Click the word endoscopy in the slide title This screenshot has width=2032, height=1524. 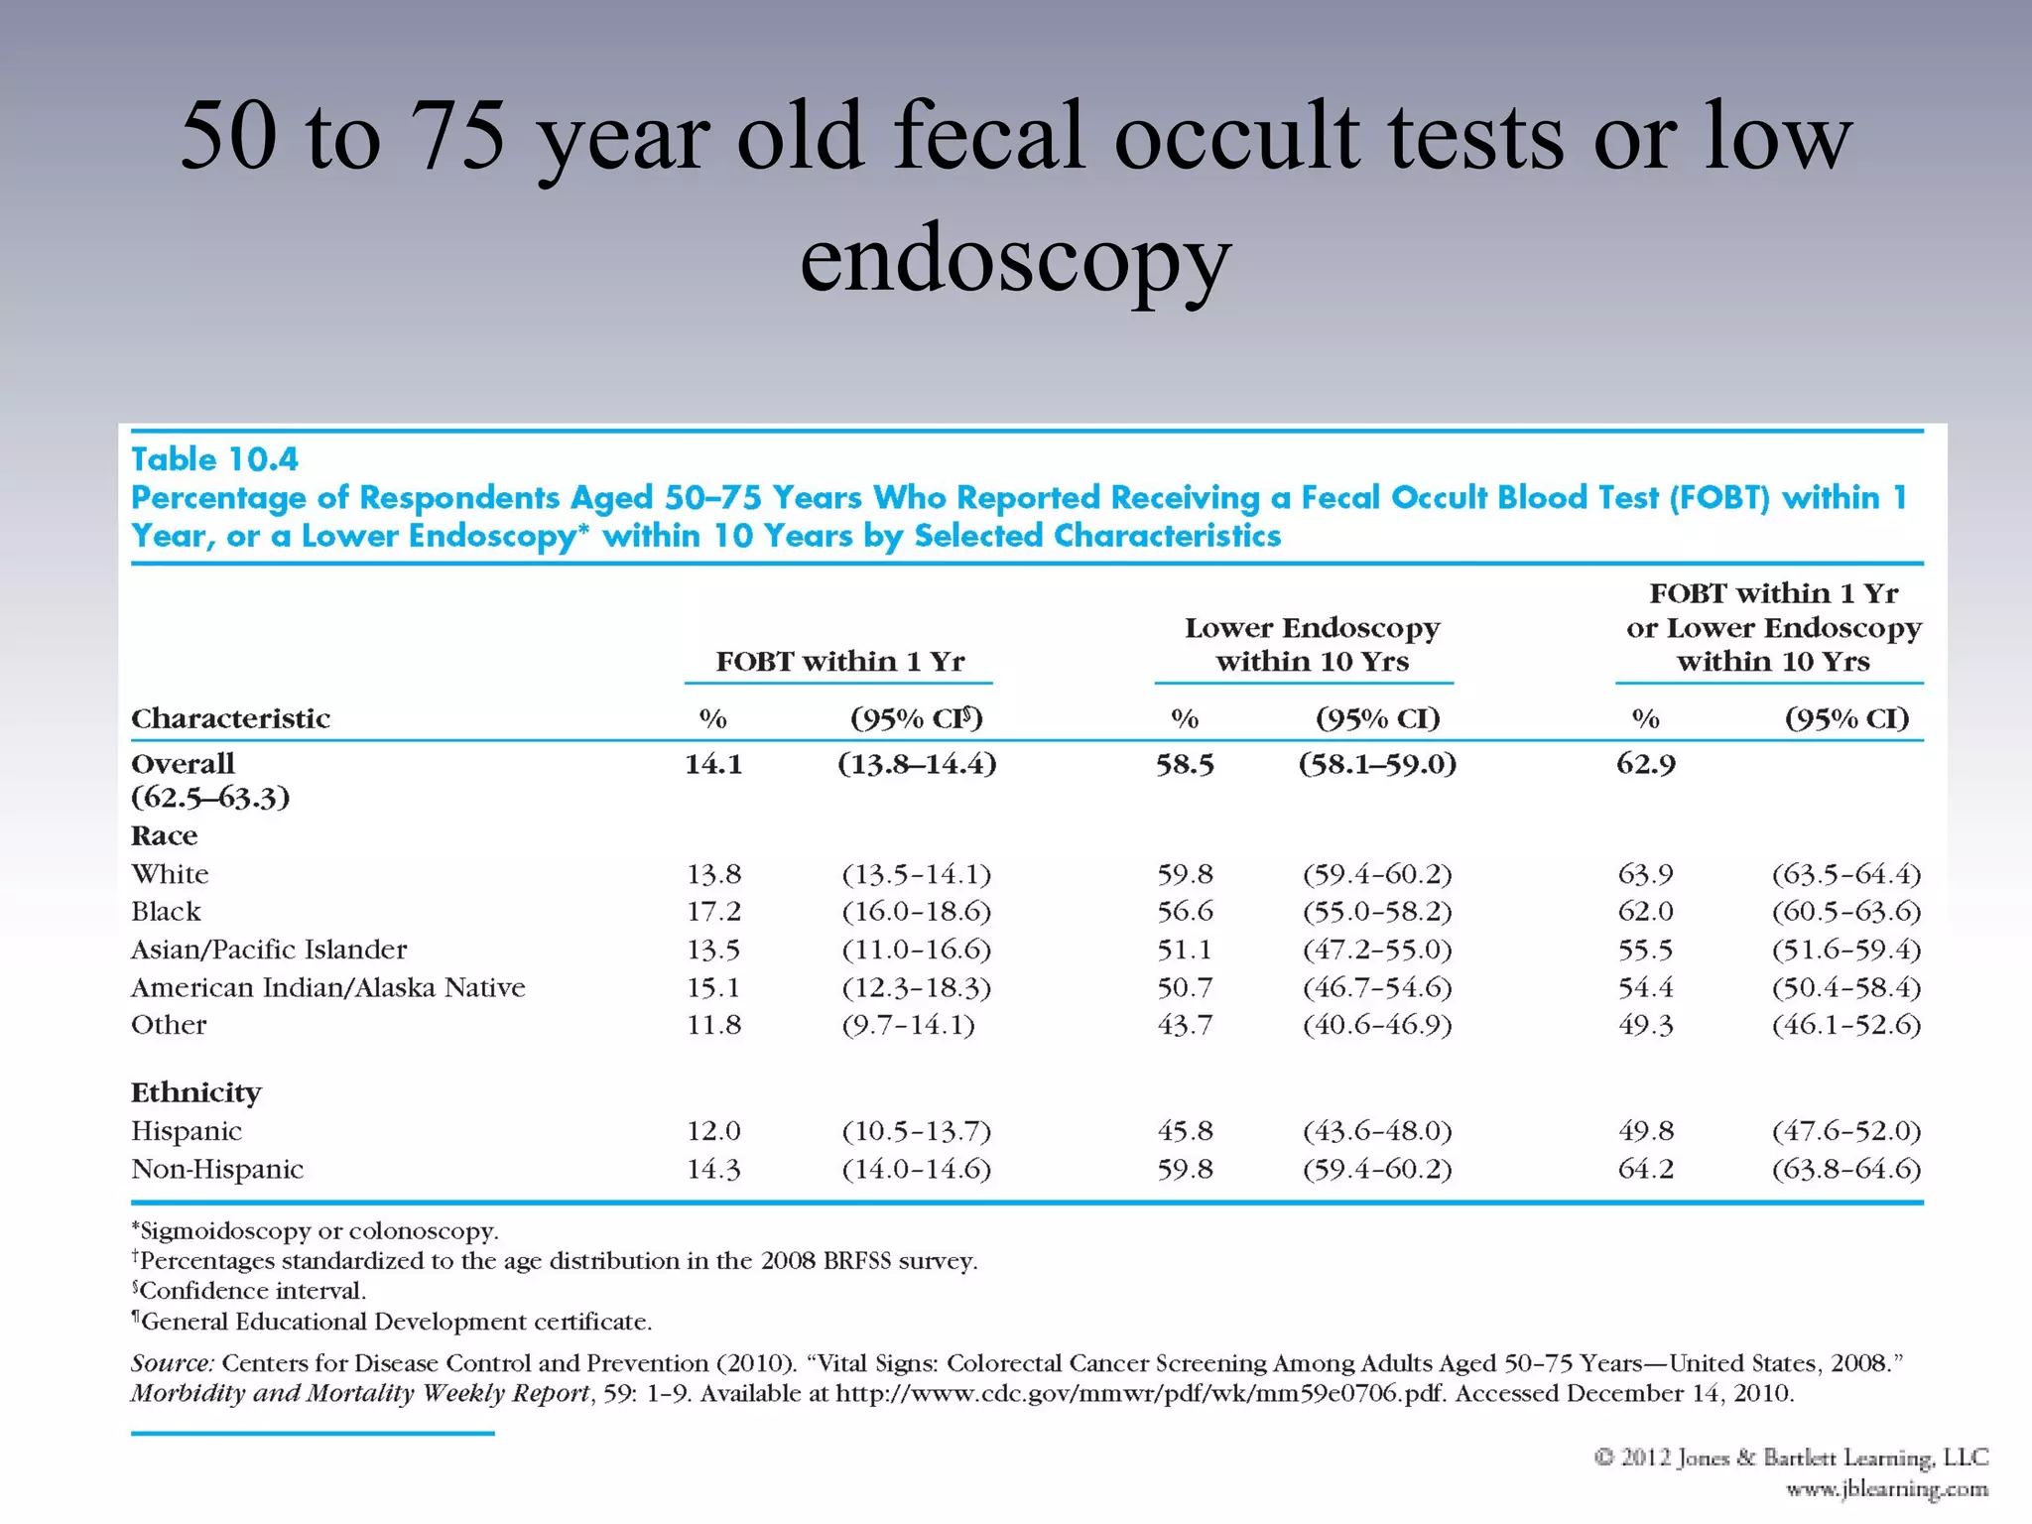click(x=1015, y=260)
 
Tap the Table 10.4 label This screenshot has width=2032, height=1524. click(x=214, y=459)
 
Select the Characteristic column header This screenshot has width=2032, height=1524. click(x=230, y=718)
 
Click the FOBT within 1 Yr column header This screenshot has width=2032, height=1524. click(x=839, y=661)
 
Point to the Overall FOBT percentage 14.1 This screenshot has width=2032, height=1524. click(x=713, y=764)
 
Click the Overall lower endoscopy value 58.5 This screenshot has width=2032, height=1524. click(x=1185, y=764)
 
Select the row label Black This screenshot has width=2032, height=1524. click(x=166, y=912)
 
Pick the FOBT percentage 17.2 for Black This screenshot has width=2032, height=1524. click(x=713, y=912)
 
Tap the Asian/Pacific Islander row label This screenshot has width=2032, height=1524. click(x=269, y=950)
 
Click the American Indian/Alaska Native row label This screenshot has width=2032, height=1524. click(x=328, y=987)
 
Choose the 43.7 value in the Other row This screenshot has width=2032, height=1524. click(x=1185, y=1025)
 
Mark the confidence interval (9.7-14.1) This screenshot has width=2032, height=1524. click(x=908, y=1025)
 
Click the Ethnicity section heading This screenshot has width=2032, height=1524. click(x=195, y=1092)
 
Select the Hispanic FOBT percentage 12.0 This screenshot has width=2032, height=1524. click(x=713, y=1131)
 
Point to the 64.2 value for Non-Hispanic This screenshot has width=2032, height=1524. click(x=1645, y=1169)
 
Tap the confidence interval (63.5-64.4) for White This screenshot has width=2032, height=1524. click(x=1846, y=874)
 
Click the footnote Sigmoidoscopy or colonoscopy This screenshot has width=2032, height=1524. click(x=316, y=1231)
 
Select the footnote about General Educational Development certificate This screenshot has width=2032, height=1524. click(x=393, y=1322)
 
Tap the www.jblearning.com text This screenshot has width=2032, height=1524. click(x=1886, y=1489)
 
